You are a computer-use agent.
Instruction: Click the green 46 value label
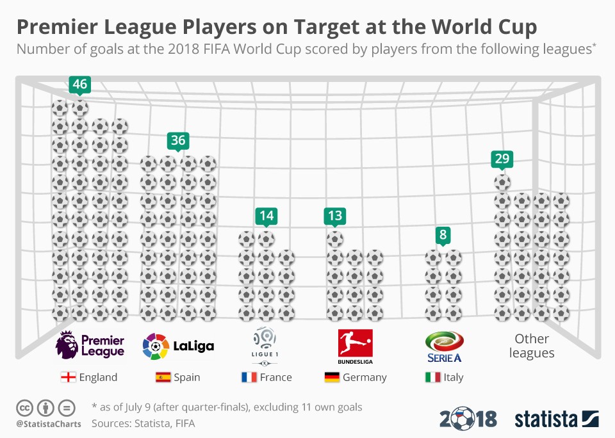(79, 84)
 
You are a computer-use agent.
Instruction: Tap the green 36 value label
(178, 140)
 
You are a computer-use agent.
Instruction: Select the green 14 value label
(266, 216)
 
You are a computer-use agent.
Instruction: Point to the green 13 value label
(334, 216)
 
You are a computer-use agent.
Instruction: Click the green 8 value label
(443, 234)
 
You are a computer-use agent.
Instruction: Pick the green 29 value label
(502, 159)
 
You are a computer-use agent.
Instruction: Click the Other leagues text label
(532, 346)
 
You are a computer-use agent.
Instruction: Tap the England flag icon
(68, 377)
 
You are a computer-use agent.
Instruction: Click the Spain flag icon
(163, 377)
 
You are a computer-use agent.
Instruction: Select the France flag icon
(249, 377)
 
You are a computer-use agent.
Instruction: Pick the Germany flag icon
(331, 377)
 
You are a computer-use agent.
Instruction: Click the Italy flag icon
(432, 377)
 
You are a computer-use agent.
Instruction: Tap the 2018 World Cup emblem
(468, 419)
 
